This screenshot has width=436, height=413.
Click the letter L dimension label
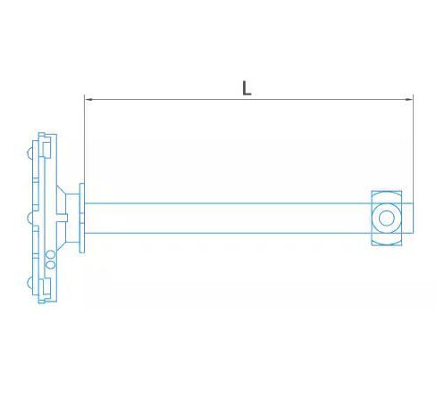click(247, 87)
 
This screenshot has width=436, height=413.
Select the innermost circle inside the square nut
click(387, 217)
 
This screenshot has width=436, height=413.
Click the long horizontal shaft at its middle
click(228, 217)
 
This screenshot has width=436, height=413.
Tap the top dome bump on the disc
click(32, 154)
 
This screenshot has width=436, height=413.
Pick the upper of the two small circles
click(50, 253)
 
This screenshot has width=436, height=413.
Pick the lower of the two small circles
click(50, 264)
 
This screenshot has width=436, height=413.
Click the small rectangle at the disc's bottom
click(42, 295)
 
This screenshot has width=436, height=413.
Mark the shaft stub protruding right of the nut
click(408, 217)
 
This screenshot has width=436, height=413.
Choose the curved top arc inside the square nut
click(387, 194)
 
